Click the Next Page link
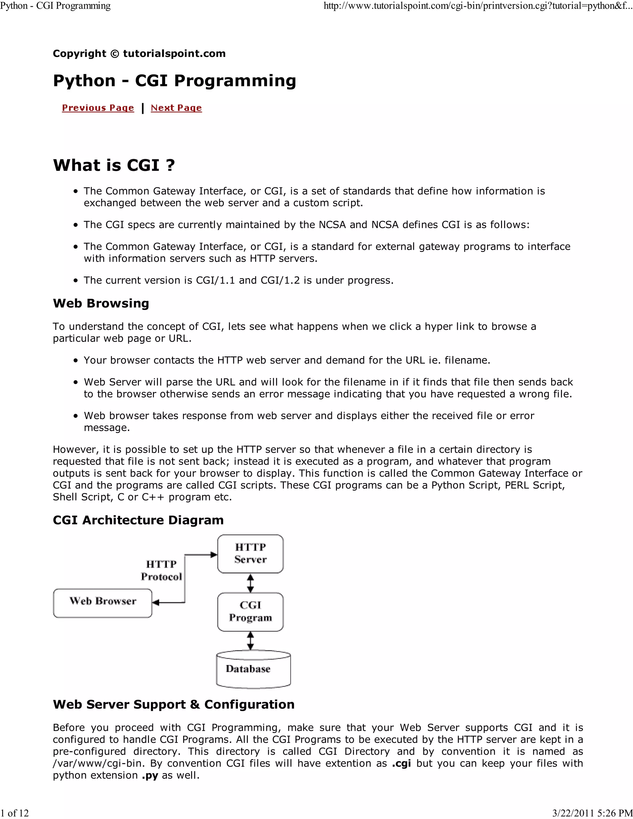tap(176, 108)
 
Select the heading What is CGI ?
tap(114, 165)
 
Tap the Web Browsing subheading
tap(101, 303)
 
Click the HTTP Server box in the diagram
tap(250, 554)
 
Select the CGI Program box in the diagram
tap(250, 612)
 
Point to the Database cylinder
tap(253, 670)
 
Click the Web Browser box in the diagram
tap(102, 603)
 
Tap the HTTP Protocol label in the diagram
tap(161, 570)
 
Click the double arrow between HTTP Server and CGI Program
tap(250, 583)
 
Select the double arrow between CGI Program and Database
tap(250, 641)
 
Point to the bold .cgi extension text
tap(401, 763)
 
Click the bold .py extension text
tap(150, 775)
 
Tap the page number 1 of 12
tap(15, 813)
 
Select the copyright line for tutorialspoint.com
tap(139, 54)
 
